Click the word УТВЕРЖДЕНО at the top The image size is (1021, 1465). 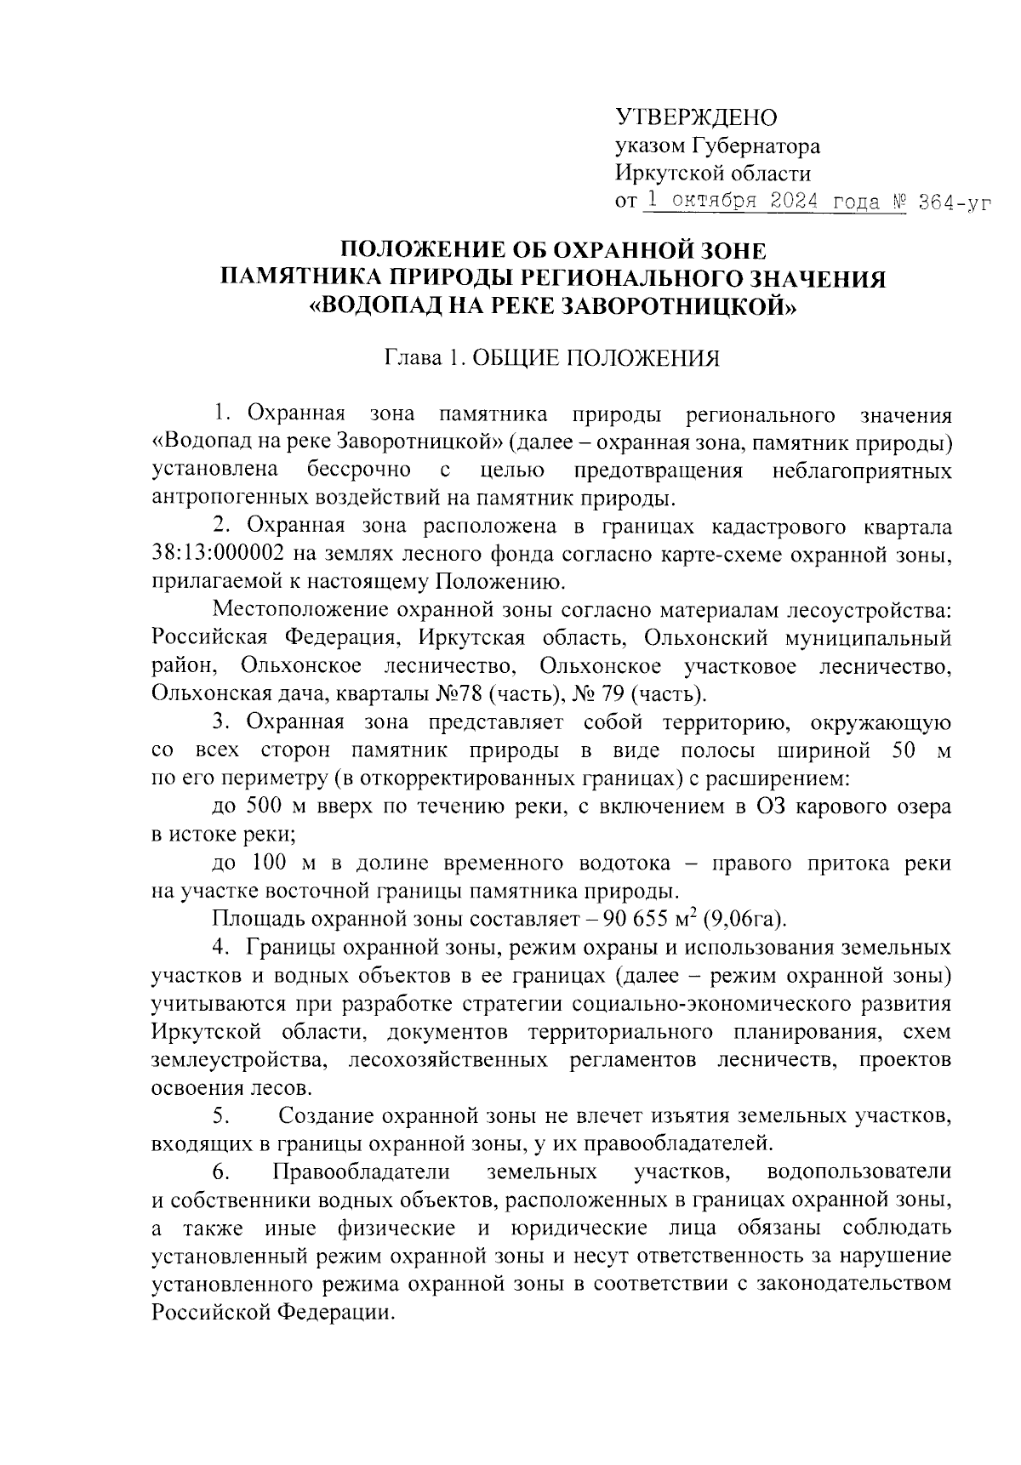click(x=695, y=117)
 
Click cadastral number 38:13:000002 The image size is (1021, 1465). click(x=218, y=555)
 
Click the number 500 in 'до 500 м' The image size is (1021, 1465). click(x=264, y=807)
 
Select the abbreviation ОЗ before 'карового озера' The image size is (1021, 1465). click(x=771, y=807)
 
